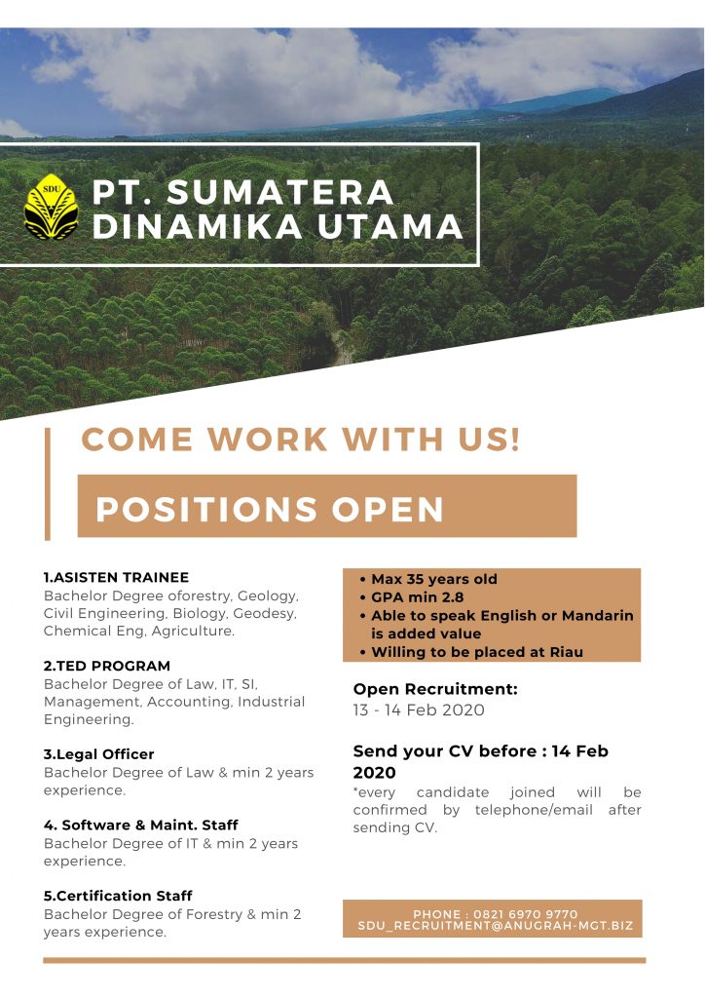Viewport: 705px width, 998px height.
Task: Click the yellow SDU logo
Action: tap(51, 207)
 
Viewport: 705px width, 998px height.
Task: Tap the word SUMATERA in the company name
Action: tap(280, 192)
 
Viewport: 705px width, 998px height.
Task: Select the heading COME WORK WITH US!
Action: tap(301, 440)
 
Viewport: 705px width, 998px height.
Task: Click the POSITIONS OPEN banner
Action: tap(327, 506)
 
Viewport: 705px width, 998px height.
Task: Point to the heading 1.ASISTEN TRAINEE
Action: tap(116, 577)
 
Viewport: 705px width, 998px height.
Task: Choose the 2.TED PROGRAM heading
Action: tap(107, 666)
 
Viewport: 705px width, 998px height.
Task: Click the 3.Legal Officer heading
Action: tap(98, 754)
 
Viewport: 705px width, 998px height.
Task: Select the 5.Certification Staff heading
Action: tap(118, 896)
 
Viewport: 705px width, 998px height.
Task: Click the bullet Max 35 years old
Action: tap(434, 579)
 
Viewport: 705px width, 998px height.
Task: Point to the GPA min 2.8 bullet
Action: tap(418, 597)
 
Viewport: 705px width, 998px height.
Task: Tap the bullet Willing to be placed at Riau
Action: tap(477, 652)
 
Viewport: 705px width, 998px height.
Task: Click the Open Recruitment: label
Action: tap(435, 689)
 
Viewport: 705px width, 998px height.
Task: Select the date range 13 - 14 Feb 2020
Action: tap(419, 710)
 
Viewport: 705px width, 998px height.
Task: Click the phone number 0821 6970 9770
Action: tap(526, 914)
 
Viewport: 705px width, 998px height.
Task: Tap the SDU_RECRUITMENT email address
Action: tap(496, 926)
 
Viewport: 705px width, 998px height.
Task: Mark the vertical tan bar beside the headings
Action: tap(47, 483)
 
